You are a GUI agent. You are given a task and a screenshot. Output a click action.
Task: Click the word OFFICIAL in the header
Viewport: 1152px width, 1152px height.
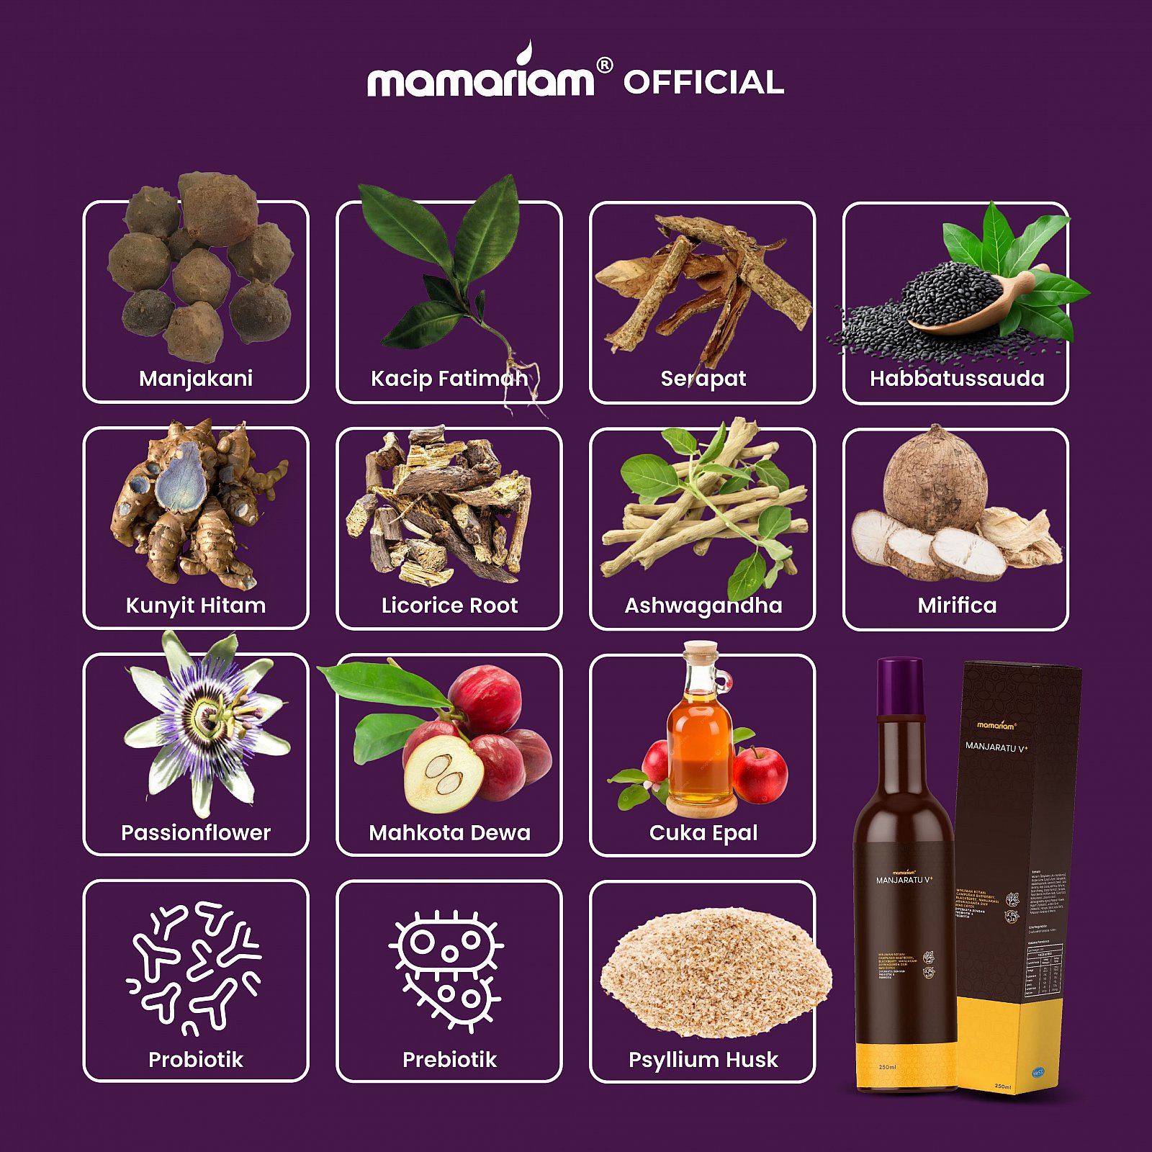click(x=703, y=82)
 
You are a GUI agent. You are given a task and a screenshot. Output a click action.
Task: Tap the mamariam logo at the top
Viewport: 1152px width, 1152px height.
click(x=481, y=77)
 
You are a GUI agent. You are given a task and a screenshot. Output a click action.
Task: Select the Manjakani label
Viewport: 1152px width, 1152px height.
click(x=196, y=378)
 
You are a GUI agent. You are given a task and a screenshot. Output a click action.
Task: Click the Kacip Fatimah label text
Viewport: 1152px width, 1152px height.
click(x=449, y=378)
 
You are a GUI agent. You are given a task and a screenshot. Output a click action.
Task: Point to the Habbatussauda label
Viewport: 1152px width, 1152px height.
click(x=956, y=378)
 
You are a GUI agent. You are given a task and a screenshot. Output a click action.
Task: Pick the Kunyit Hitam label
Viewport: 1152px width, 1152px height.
click(x=196, y=605)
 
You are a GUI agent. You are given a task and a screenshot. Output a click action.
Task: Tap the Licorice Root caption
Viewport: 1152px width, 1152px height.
click(x=449, y=605)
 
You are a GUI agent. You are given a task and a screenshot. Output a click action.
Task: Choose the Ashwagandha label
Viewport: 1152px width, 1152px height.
click(x=703, y=605)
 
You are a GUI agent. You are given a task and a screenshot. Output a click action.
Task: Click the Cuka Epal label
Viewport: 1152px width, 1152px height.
click(x=703, y=832)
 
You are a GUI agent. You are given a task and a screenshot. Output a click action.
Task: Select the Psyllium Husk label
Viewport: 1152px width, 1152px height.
click(x=703, y=1059)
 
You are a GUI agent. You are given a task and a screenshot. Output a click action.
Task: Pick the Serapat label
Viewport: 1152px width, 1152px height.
click(x=703, y=378)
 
